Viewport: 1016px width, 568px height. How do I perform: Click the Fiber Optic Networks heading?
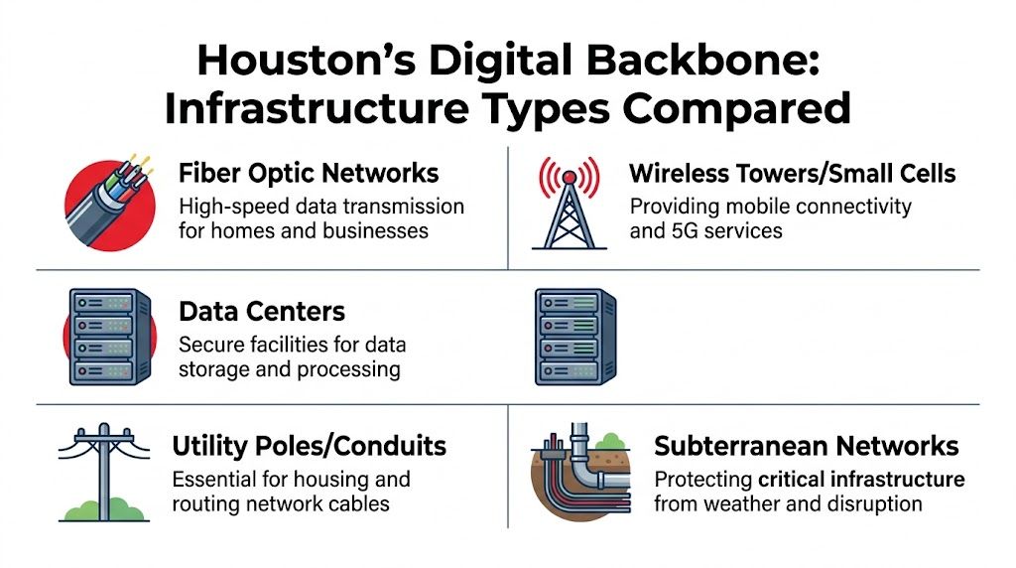coord(309,173)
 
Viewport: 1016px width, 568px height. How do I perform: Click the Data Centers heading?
coord(262,311)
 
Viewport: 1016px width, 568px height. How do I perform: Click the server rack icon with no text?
coord(573,338)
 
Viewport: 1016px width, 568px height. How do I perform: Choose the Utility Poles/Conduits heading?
coord(309,445)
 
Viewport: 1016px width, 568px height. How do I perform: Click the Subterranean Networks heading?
coord(806,446)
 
